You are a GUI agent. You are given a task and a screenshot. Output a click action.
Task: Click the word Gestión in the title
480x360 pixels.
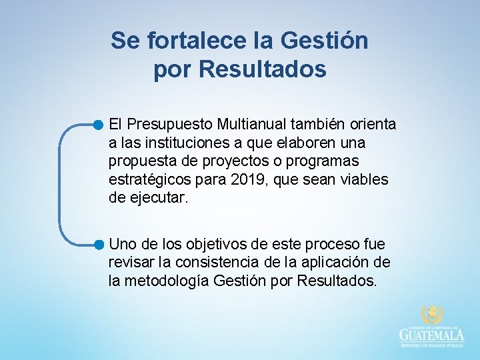click(325, 41)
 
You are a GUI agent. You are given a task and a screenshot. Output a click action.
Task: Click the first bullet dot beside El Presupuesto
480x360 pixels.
click(99, 124)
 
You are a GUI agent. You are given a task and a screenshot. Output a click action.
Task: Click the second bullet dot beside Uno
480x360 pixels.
click(99, 244)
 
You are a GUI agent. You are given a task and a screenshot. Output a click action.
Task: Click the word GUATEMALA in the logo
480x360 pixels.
click(432, 335)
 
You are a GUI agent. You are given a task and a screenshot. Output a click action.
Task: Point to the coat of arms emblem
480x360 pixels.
click(432, 315)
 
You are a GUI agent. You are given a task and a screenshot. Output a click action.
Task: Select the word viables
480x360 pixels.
click(367, 180)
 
